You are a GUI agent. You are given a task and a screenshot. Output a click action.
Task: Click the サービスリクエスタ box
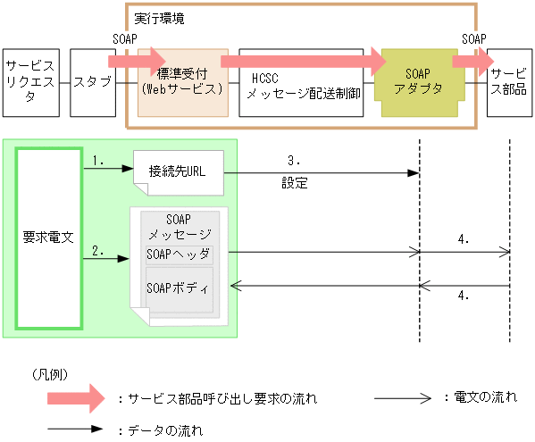pyautogui.click(x=31, y=83)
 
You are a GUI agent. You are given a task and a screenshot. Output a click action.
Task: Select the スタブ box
pyautogui.click(x=92, y=83)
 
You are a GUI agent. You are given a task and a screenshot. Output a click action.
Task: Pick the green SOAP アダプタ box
pyautogui.click(x=418, y=83)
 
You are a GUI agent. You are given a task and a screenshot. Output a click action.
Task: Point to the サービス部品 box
pyautogui.click(x=508, y=83)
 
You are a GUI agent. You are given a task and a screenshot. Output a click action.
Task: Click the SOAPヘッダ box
pyautogui.click(x=179, y=254)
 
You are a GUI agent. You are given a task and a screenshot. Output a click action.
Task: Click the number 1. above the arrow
pyautogui.click(x=98, y=161)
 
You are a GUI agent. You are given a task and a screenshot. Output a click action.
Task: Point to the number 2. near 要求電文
pyautogui.click(x=98, y=251)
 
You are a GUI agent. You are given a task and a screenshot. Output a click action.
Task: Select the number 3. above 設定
pyautogui.click(x=294, y=161)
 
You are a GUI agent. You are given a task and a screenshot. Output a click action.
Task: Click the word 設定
pyautogui.click(x=294, y=183)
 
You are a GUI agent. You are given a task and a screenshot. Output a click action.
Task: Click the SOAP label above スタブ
pyautogui.click(x=126, y=39)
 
